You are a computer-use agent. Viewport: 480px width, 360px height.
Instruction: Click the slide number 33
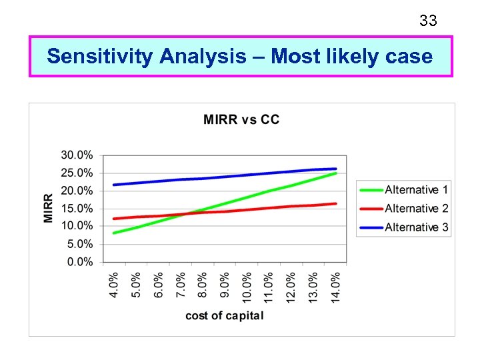(x=428, y=21)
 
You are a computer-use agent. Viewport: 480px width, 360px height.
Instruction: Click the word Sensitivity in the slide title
(x=101, y=57)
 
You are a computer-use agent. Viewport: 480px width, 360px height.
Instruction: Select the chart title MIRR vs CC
(x=241, y=120)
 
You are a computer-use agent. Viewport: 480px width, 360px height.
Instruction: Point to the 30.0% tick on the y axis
(x=77, y=155)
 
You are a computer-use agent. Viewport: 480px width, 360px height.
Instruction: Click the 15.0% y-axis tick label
(x=77, y=209)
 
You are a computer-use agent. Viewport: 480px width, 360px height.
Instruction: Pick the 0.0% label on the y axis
(x=80, y=262)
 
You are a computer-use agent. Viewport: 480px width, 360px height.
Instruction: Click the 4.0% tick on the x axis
(x=114, y=285)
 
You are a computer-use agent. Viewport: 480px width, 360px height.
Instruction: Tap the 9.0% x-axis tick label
(x=225, y=285)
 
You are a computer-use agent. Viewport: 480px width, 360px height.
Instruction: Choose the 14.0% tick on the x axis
(x=335, y=285)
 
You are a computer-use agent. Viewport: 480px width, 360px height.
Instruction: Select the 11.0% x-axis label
(x=269, y=285)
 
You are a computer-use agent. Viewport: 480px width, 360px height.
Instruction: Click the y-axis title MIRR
(x=49, y=208)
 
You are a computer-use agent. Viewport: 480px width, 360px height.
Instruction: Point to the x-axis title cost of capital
(x=225, y=315)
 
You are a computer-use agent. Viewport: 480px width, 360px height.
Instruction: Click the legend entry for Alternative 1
(x=416, y=190)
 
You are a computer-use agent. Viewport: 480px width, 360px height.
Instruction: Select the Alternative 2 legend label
(x=416, y=209)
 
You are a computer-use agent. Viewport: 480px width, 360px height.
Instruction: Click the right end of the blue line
(x=335, y=169)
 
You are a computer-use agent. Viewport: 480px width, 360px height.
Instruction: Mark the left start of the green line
(x=114, y=233)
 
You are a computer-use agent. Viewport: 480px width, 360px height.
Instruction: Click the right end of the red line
(x=335, y=203)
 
